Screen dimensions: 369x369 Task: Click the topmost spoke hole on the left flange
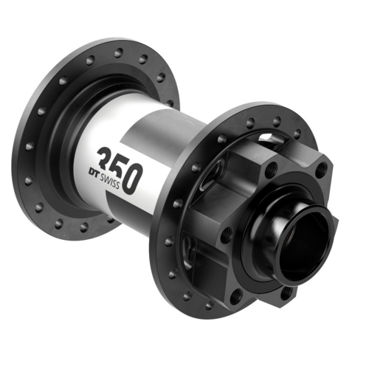point(118,52)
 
